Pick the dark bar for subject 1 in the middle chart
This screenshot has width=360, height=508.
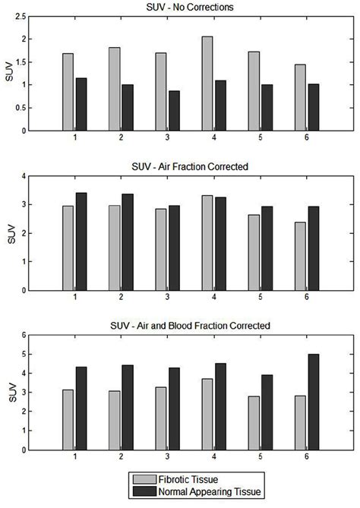pyautogui.click(x=81, y=241)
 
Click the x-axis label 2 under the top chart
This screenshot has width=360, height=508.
pyautogui.click(x=121, y=139)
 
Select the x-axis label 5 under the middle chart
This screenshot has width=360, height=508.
pyautogui.click(x=261, y=298)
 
